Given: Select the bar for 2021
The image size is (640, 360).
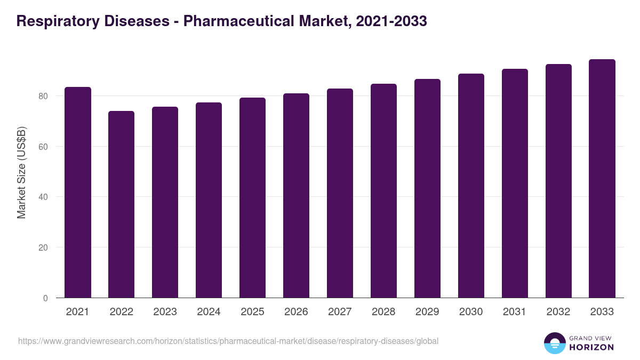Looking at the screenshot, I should click(x=78, y=193).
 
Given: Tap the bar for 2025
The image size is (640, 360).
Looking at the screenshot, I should click(x=252, y=198).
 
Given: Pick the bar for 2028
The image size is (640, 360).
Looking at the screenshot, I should click(x=383, y=191).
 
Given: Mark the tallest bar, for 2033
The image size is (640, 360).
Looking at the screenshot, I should click(x=602, y=179).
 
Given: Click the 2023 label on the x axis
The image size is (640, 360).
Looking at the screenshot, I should click(x=165, y=312).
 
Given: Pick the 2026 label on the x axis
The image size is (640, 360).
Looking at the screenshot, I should click(x=296, y=312).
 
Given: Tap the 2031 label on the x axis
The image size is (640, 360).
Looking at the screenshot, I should click(x=515, y=312).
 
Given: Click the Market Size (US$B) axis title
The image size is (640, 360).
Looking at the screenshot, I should click(x=21, y=172).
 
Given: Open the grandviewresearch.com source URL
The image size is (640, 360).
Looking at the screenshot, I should click(x=228, y=341).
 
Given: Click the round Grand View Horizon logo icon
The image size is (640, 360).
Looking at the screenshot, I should click(x=554, y=343).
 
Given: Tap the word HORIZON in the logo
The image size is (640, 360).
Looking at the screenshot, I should click(x=591, y=347).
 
